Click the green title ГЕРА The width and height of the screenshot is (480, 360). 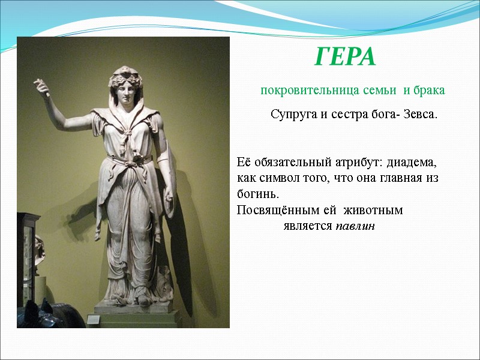tap(345, 58)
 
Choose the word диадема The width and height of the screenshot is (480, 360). tap(413, 163)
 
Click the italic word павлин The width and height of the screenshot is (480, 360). tap(355, 227)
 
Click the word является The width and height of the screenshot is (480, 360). tap(308, 227)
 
